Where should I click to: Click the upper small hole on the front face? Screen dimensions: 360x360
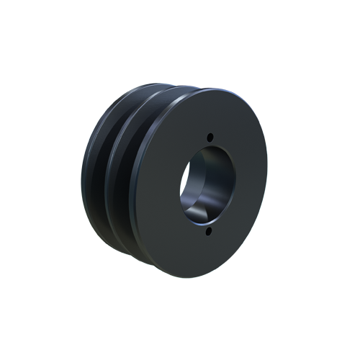210,137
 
